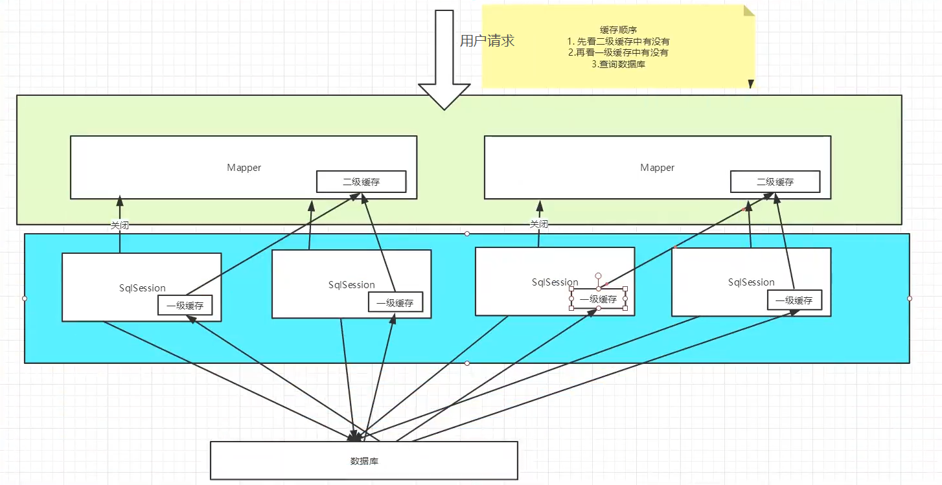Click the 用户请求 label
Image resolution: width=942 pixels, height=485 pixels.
click(x=487, y=41)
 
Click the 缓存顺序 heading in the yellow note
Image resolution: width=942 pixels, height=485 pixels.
click(x=618, y=30)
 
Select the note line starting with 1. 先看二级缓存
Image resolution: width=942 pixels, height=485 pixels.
click(x=618, y=41)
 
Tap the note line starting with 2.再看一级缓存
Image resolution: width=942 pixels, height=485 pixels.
click(x=618, y=52)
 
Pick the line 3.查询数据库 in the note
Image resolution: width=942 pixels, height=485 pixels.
click(x=618, y=64)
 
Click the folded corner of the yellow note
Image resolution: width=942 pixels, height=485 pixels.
click(x=748, y=10)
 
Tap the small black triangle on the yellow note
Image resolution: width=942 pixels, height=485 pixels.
click(x=751, y=84)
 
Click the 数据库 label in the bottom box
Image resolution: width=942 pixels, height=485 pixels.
click(x=364, y=461)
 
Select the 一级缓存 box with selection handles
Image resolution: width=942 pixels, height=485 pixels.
click(x=598, y=299)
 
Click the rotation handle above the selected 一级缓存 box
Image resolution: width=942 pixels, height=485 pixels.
click(x=598, y=276)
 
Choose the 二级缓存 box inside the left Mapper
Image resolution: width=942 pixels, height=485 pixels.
click(x=362, y=181)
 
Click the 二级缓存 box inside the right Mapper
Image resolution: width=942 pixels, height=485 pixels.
click(x=775, y=181)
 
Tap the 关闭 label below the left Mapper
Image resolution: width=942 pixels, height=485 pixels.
click(x=119, y=225)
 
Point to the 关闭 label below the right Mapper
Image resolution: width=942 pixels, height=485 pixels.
click(x=539, y=224)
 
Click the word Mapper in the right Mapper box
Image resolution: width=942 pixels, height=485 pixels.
click(x=657, y=167)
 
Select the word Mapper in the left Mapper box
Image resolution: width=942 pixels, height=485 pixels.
click(x=244, y=167)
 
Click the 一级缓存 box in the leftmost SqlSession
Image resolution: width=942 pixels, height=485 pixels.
click(x=185, y=305)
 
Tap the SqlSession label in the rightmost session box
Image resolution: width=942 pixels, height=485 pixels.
click(x=751, y=282)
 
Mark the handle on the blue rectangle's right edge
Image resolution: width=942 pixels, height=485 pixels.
click(x=909, y=299)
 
